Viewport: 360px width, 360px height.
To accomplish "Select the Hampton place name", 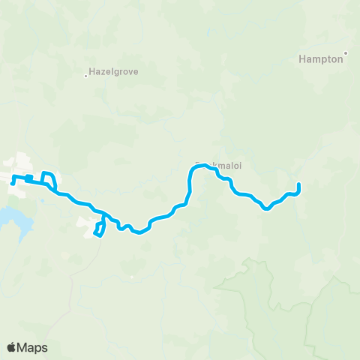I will (x=320, y=58).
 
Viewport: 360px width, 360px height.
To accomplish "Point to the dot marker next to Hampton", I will (x=346, y=52).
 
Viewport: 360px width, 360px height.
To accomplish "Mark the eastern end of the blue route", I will (x=298, y=184).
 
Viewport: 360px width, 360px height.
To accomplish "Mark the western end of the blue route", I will (x=13, y=183).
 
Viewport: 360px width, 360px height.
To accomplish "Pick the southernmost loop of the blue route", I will (x=98, y=229).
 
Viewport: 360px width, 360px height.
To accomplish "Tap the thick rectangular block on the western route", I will (x=28, y=178).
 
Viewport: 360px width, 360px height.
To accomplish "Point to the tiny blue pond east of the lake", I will (x=43, y=200).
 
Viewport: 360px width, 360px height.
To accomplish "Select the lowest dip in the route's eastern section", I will (x=267, y=209).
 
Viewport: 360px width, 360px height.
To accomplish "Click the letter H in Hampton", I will (x=302, y=58).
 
